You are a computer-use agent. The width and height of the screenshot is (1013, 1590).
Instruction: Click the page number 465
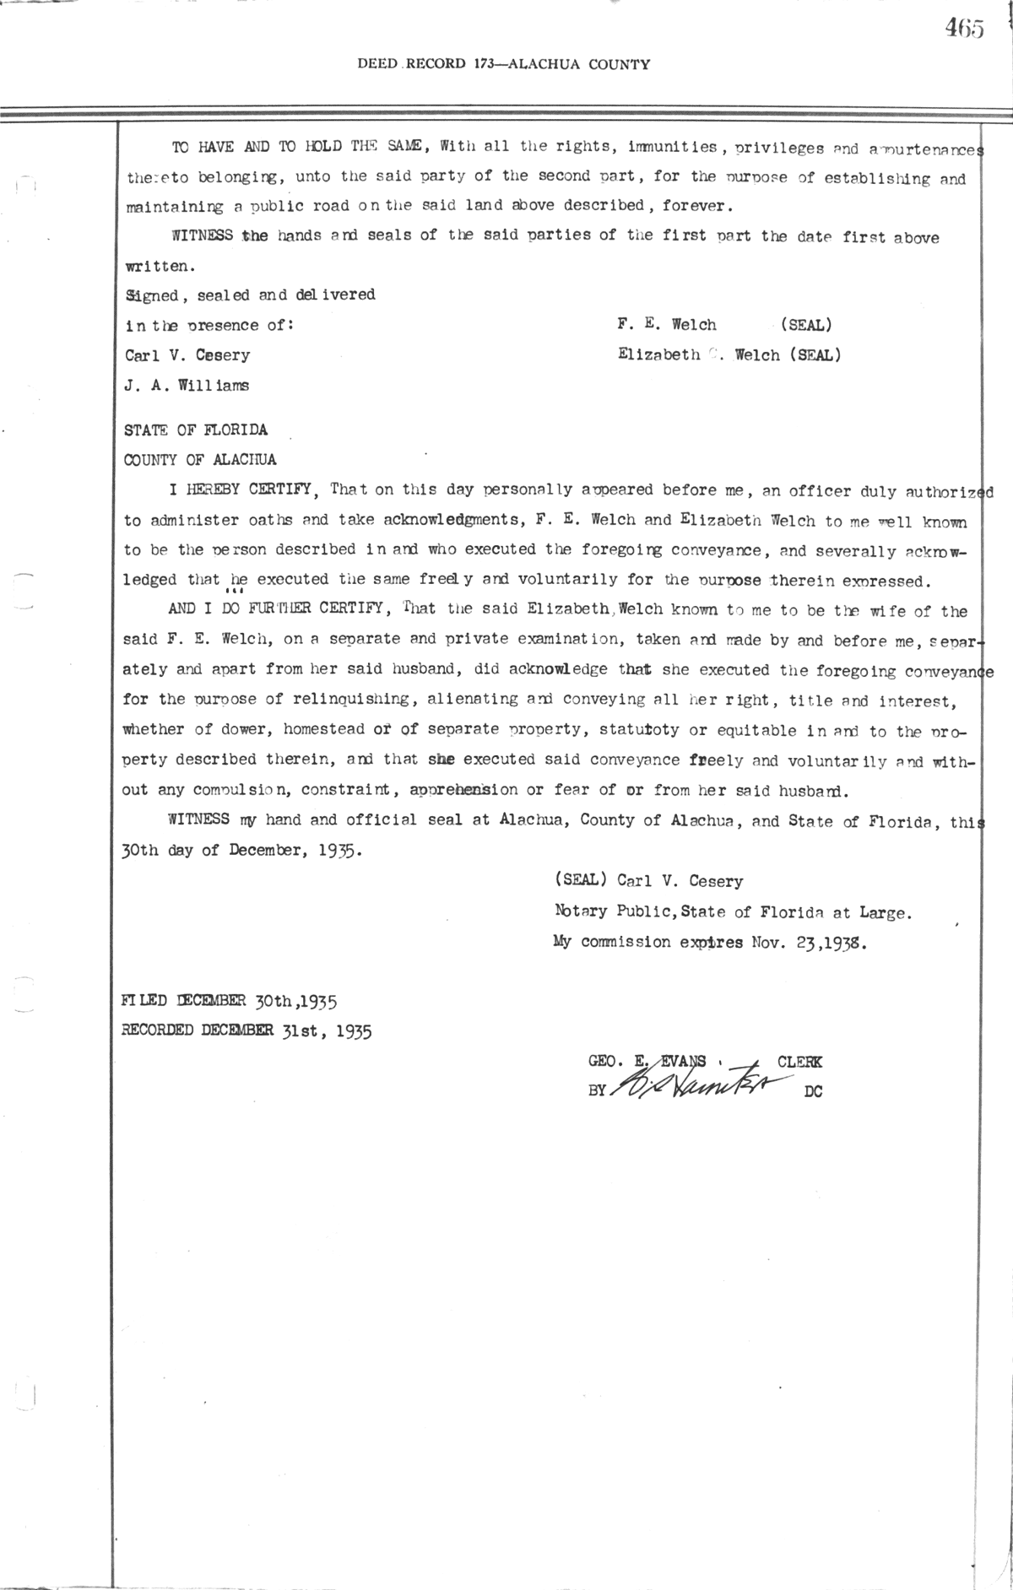tap(964, 29)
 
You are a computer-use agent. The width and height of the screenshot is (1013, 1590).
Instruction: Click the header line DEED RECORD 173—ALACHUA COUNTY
tap(504, 64)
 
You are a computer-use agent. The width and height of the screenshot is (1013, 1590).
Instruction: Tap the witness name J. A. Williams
tap(187, 386)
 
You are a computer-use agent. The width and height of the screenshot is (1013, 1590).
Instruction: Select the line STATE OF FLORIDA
tap(196, 430)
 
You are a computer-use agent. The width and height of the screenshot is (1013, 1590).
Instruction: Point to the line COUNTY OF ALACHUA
tap(200, 460)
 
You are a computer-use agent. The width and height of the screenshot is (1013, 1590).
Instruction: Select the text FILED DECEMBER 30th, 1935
tap(230, 1002)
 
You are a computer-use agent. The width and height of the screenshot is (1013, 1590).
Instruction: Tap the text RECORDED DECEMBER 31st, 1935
tap(246, 1030)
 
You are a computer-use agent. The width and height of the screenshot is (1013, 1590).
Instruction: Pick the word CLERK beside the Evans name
tap(799, 1063)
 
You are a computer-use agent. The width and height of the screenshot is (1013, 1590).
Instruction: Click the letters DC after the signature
tap(813, 1091)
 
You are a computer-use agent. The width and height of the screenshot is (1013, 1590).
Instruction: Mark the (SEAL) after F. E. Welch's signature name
tap(806, 325)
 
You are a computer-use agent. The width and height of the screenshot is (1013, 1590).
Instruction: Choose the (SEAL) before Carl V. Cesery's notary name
tap(581, 881)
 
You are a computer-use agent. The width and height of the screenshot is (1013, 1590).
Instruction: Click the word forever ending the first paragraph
tap(698, 205)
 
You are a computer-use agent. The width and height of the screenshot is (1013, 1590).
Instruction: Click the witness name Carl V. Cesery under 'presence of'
tap(187, 355)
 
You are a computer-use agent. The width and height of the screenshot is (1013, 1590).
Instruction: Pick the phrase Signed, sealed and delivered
tap(250, 295)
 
